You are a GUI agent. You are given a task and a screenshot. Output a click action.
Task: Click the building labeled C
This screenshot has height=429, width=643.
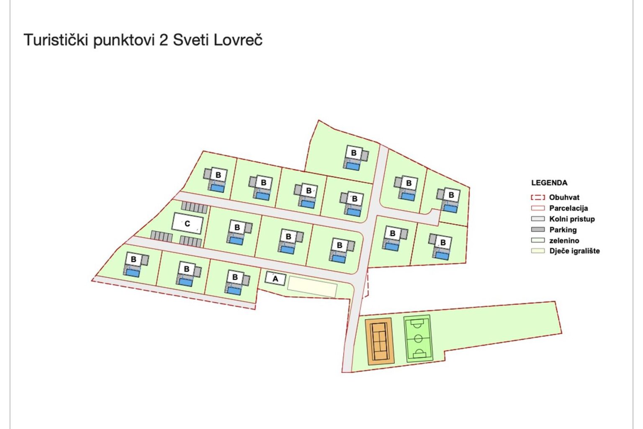(188, 223)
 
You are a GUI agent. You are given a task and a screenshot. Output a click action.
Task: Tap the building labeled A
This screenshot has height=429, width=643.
(275, 279)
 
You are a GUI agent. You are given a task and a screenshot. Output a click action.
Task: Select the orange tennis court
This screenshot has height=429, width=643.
(380, 341)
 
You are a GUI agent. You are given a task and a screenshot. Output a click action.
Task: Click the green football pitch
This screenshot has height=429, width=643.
(418, 339)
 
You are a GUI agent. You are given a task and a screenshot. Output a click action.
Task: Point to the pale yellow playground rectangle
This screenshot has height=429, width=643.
(312, 287)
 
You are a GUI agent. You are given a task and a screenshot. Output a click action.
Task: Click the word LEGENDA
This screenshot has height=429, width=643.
(549, 183)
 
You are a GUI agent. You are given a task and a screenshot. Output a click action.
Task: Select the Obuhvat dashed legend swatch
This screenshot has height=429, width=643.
(538, 197)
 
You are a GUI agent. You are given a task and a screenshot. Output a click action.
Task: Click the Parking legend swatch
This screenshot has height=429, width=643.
(538, 230)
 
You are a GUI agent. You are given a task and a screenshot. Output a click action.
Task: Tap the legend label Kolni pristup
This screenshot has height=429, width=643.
(572, 219)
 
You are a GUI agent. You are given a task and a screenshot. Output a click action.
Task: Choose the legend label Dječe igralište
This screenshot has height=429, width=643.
(574, 251)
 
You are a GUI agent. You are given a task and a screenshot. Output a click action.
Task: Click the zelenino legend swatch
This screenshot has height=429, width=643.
(538, 240)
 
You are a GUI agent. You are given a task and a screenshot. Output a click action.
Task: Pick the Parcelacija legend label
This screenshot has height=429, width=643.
(568, 208)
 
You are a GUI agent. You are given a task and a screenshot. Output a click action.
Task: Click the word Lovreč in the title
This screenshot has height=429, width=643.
(238, 40)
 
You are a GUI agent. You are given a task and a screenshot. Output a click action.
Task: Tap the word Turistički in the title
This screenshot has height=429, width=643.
(56, 40)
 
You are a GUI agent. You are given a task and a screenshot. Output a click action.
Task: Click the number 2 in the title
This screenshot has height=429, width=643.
(163, 40)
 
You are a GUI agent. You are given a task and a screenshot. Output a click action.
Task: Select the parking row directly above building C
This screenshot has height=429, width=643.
(194, 207)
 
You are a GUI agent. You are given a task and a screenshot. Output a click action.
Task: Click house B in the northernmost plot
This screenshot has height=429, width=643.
(354, 153)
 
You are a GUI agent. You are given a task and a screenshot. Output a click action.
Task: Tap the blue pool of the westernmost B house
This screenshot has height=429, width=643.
(133, 272)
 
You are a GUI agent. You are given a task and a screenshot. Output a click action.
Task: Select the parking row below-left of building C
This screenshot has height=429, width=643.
(161, 236)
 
